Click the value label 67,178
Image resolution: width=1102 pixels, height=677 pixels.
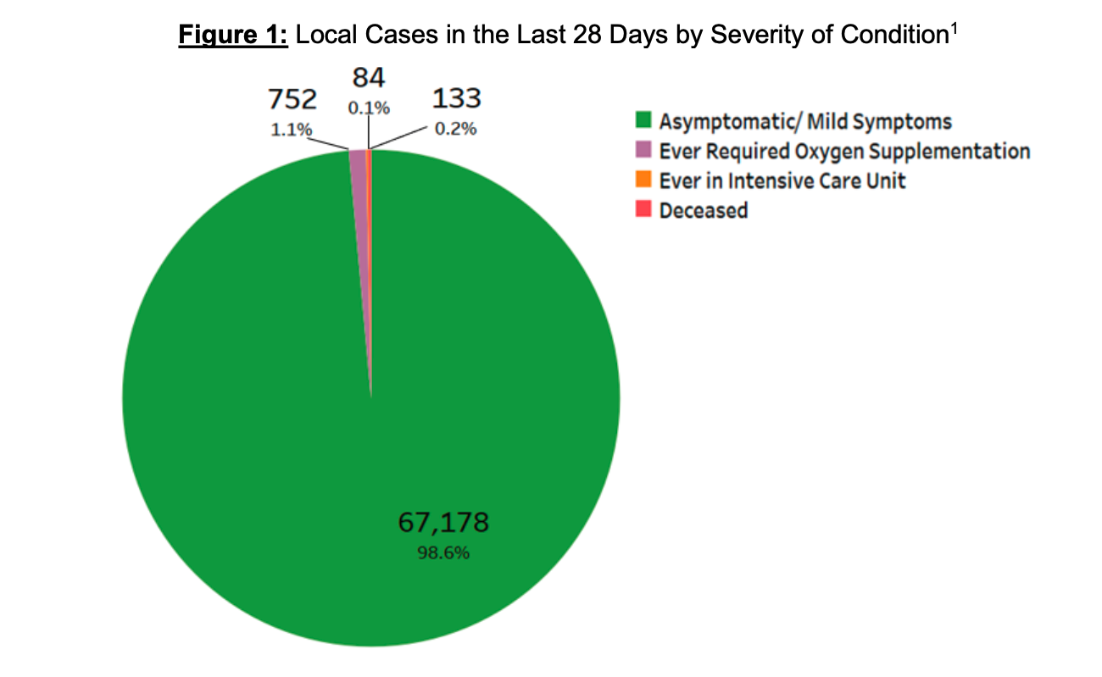443,522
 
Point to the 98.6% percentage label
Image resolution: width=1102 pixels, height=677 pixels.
443,554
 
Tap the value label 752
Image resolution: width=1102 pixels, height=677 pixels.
292,100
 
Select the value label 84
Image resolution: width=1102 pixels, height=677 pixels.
369,78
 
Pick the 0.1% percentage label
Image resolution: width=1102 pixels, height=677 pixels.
369,108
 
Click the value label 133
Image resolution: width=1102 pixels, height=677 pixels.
457,99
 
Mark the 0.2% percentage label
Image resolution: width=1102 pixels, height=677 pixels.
457,130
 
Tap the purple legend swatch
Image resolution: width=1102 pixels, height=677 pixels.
643,151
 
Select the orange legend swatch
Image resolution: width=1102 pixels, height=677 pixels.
643,180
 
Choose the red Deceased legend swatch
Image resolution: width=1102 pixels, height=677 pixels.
643,209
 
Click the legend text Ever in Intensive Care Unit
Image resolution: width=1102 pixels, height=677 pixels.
782,180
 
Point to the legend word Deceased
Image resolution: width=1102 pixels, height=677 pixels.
704,210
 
